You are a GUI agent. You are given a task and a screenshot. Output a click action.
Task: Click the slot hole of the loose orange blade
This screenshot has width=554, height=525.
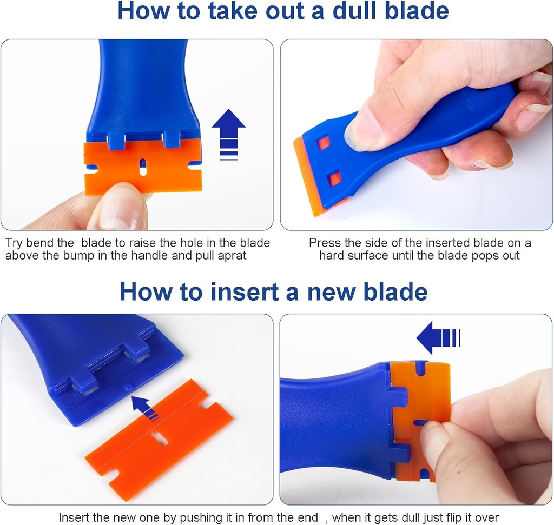(160, 438)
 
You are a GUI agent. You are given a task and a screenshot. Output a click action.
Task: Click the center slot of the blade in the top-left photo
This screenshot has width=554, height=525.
(143, 167)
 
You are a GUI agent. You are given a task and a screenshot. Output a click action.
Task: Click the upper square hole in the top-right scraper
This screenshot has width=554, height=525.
(323, 143)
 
